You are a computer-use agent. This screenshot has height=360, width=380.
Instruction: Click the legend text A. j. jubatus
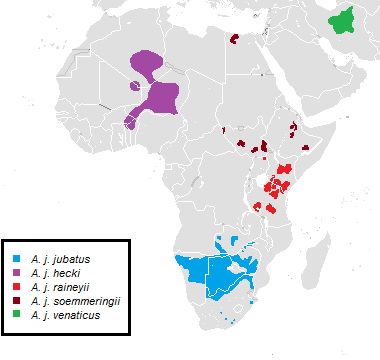click(x=59, y=259)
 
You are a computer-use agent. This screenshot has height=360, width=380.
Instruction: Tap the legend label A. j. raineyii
click(x=58, y=287)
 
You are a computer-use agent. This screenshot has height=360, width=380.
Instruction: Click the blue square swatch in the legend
click(x=17, y=259)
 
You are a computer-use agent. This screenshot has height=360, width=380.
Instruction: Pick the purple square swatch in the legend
click(x=17, y=273)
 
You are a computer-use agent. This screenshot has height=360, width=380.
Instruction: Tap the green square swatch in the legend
click(x=17, y=315)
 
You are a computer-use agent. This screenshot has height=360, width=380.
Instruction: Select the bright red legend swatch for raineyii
click(x=17, y=287)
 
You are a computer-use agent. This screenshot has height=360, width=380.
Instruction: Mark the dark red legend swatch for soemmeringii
click(x=17, y=301)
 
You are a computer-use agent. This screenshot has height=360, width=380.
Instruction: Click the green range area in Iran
click(x=346, y=19)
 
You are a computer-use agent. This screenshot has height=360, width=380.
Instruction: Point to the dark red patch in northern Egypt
click(x=234, y=39)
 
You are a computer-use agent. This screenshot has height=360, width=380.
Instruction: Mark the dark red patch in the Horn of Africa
click(x=293, y=127)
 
